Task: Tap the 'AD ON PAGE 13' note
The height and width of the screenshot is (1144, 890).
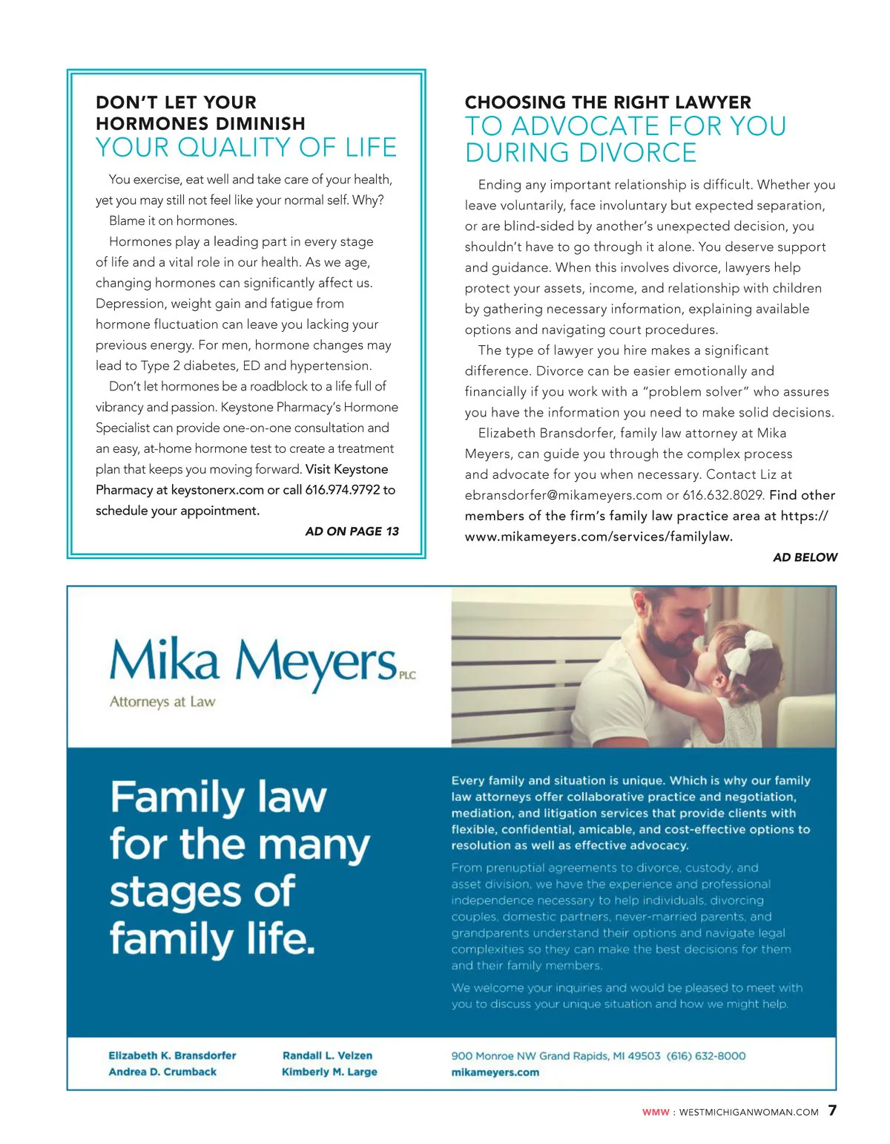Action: tap(352, 532)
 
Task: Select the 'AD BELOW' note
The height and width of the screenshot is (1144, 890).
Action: tap(805, 558)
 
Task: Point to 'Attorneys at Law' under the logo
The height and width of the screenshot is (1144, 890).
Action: tap(162, 702)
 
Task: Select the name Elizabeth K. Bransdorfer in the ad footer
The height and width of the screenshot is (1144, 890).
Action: tap(172, 1056)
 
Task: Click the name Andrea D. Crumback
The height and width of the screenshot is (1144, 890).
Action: tap(162, 1072)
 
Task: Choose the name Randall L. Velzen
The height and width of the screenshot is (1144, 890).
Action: tap(327, 1056)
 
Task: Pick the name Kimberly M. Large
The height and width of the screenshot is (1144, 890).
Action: tap(329, 1072)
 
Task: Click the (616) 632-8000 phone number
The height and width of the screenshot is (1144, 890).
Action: tap(706, 1056)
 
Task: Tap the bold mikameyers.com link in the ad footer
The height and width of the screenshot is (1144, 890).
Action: tap(495, 1072)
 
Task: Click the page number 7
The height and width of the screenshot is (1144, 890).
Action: tap(832, 1111)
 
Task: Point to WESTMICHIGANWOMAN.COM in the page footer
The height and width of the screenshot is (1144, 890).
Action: tap(748, 1112)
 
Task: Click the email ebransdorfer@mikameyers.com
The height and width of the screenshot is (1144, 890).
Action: tap(564, 495)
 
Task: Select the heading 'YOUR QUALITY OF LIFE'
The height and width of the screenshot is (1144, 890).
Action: tap(246, 148)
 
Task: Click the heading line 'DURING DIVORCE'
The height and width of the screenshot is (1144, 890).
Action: tap(581, 153)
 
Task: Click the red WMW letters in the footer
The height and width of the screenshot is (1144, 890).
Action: tap(656, 1112)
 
